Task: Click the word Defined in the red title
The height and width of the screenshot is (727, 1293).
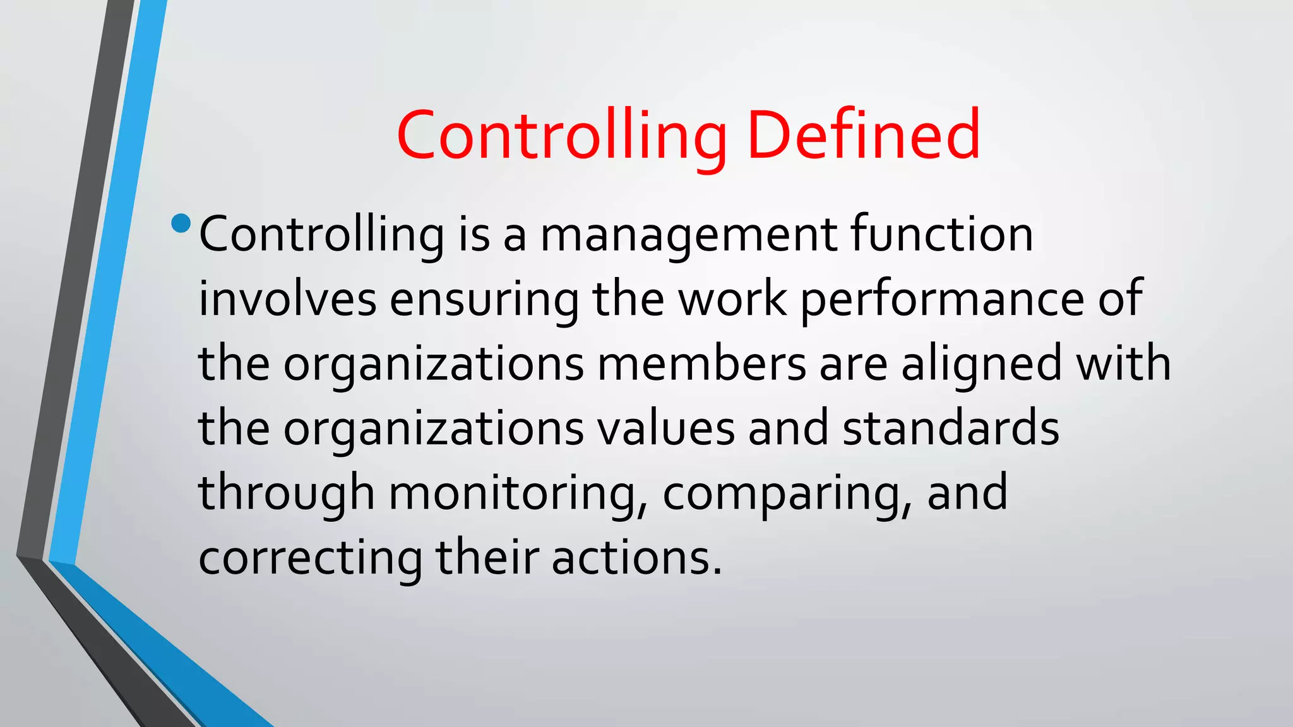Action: pyautogui.click(x=863, y=134)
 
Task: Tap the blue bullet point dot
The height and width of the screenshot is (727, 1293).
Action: pyautogui.click(x=181, y=223)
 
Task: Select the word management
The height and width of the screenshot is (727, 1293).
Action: pyautogui.click(x=689, y=235)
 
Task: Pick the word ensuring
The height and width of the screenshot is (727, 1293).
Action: pyautogui.click(x=484, y=300)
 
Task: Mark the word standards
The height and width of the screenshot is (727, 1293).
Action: pyautogui.click(x=951, y=429)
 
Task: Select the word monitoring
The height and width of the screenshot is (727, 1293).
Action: pyautogui.click(x=518, y=494)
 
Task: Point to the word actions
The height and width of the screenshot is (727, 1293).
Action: pyautogui.click(x=636, y=559)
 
